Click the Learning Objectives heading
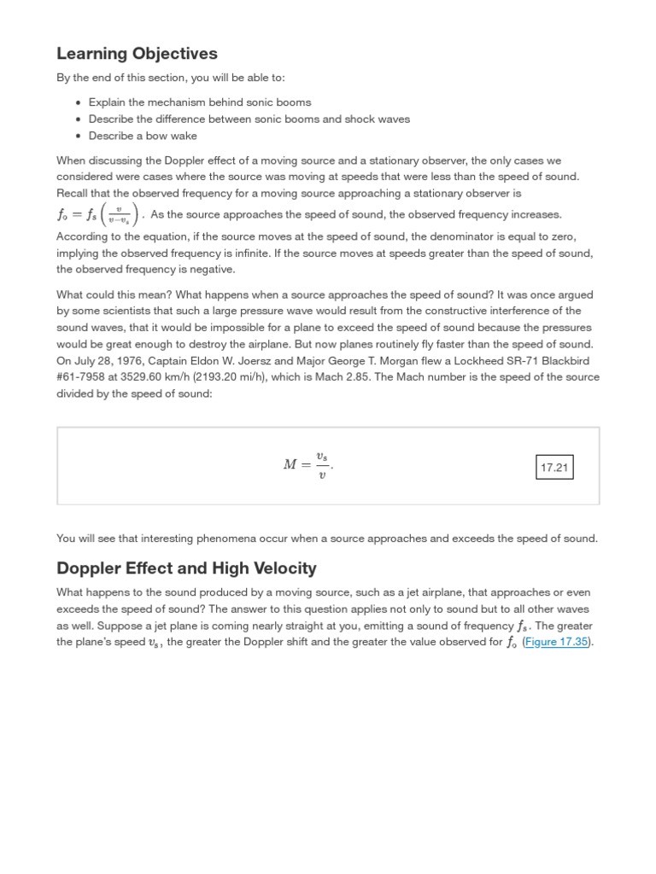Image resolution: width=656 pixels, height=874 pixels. click(137, 54)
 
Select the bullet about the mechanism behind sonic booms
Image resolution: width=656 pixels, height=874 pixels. click(200, 102)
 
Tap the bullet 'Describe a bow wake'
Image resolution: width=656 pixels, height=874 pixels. click(143, 136)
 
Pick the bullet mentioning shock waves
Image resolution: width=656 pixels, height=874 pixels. click(249, 119)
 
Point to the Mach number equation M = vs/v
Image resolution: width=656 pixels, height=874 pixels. click(308, 465)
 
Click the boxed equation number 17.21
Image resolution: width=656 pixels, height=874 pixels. click(554, 467)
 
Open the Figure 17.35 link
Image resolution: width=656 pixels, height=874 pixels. click(557, 643)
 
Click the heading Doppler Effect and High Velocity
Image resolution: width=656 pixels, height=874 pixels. click(186, 568)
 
